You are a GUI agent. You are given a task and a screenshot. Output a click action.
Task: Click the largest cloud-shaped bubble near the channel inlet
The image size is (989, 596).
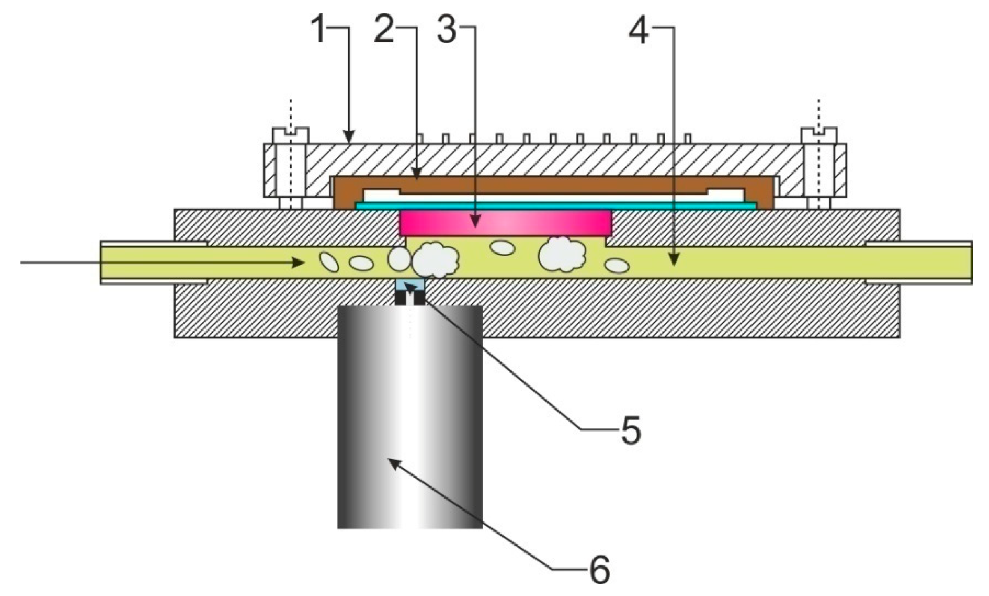click(x=435, y=259)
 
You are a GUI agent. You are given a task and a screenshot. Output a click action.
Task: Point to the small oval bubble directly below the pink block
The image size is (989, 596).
click(x=503, y=248)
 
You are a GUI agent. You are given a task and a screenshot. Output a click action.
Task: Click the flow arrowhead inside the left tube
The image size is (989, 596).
click(x=299, y=263)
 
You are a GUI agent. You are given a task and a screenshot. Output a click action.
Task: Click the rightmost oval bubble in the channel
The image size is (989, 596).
click(x=617, y=265)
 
